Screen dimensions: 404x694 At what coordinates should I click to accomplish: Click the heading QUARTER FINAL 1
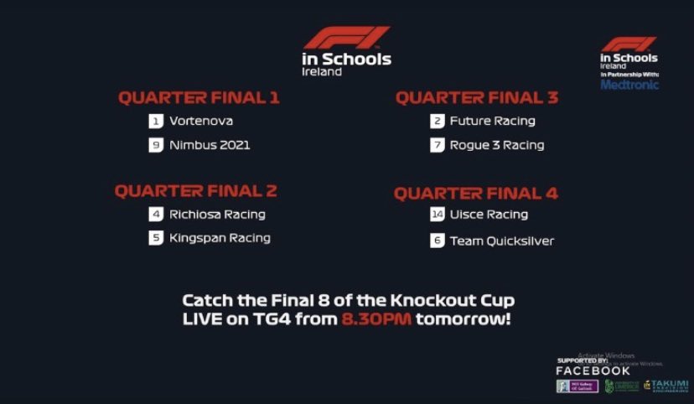coord(199,98)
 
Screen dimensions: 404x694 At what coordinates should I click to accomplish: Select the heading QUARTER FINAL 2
coord(195,191)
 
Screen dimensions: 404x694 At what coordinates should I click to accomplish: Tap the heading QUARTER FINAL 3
coord(476,98)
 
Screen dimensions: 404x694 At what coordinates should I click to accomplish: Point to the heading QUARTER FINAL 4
coord(475,194)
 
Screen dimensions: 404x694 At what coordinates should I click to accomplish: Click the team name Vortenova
coord(201,121)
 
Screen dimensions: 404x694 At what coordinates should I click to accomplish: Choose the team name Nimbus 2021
coord(210,145)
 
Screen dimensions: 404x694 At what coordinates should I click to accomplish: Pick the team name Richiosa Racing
coord(217,214)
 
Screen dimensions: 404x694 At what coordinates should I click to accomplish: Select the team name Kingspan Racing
coord(220,238)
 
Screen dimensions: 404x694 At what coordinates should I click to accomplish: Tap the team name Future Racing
coord(492,121)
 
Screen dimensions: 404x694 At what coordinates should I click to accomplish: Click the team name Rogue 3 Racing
coord(497,145)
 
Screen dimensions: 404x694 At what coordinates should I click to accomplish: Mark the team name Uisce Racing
coord(489,215)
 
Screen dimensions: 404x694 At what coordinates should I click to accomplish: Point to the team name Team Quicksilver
coord(502,241)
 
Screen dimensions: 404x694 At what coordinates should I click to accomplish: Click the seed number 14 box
coord(437,215)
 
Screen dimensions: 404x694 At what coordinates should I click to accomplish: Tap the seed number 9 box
coord(155,145)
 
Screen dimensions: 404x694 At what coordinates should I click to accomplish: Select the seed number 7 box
coord(437,145)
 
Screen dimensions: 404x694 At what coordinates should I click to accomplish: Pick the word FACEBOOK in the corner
coord(593,370)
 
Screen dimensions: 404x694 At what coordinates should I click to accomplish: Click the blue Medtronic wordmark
coord(629,85)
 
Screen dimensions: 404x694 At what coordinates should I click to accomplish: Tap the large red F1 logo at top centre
coord(346,38)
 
